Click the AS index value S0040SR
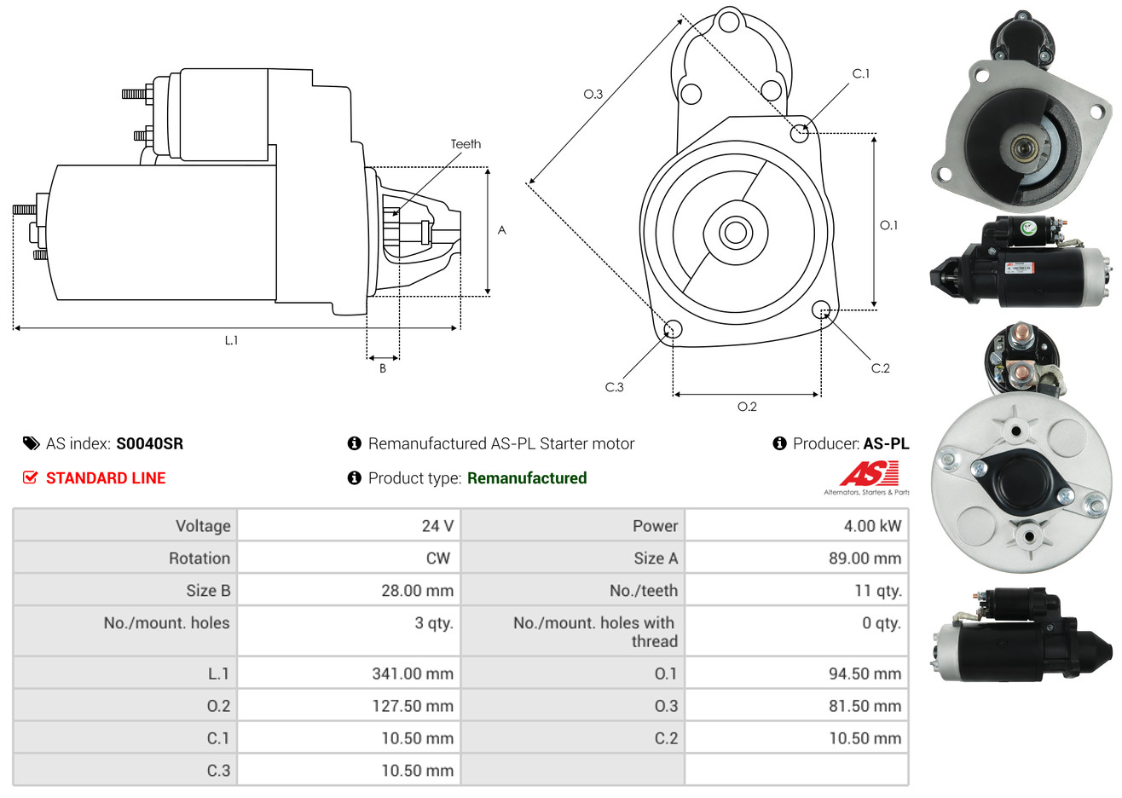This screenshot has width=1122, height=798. pos(150,444)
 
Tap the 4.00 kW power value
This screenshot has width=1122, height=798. pos(872,526)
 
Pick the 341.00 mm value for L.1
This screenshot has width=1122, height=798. pos(413,674)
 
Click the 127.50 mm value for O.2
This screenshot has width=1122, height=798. pos(413,706)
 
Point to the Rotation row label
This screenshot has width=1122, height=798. pos(200,558)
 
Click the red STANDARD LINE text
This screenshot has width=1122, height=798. pos(106,478)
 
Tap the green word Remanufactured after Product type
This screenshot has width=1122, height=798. pos(527,478)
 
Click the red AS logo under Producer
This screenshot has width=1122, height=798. pos(869,473)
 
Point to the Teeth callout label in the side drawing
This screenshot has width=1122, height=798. pos(466,144)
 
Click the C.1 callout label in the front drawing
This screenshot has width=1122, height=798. pos(860,73)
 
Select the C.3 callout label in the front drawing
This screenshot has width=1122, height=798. pos(614,387)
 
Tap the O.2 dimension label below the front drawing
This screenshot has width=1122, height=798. pos(747,407)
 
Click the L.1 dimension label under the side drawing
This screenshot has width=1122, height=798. pos(231,341)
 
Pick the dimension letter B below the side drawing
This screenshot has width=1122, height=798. pos(383,368)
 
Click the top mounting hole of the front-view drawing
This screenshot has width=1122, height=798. pos(729,21)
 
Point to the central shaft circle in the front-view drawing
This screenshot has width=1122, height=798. pos(735,233)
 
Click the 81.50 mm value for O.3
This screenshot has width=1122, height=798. pos(865,706)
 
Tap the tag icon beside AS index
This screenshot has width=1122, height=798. pos(31,444)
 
